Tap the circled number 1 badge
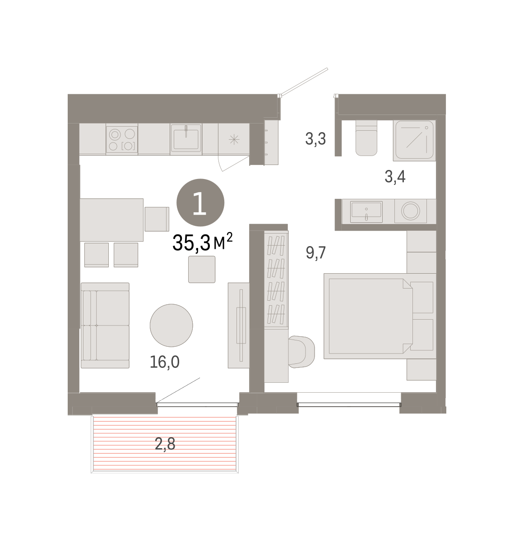[x=200, y=202]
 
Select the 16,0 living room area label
[x=164, y=362]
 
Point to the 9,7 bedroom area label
[x=316, y=252]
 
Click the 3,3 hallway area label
[x=315, y=139]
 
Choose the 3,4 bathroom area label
[x=395, y=176]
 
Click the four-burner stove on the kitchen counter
[x=122, y=139]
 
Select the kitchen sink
[x=186, y=138]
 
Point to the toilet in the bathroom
[x=366, y=138]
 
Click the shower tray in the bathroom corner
[x=414, y=140]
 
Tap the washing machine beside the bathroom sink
[x=410, y=211]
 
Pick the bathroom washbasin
[x=366, y=211]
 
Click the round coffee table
[x=171, y=325]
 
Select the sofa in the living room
[x=105, y=325]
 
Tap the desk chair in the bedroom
[x=301, y=352]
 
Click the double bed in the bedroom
[x=380, y=316]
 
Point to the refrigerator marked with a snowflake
[x=234, y=139]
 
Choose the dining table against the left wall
[x=111, y=220]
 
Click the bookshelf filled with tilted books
[x=276, y=280]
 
